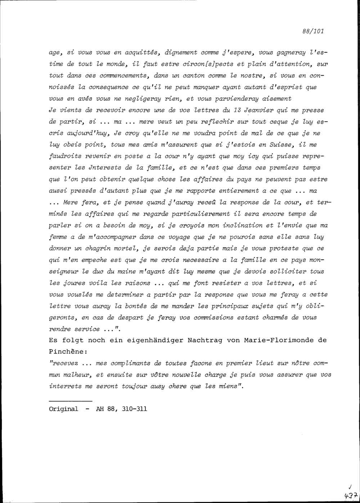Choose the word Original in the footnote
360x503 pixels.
tap(63, 409)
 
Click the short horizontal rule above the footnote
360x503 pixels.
tap(71, 401)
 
